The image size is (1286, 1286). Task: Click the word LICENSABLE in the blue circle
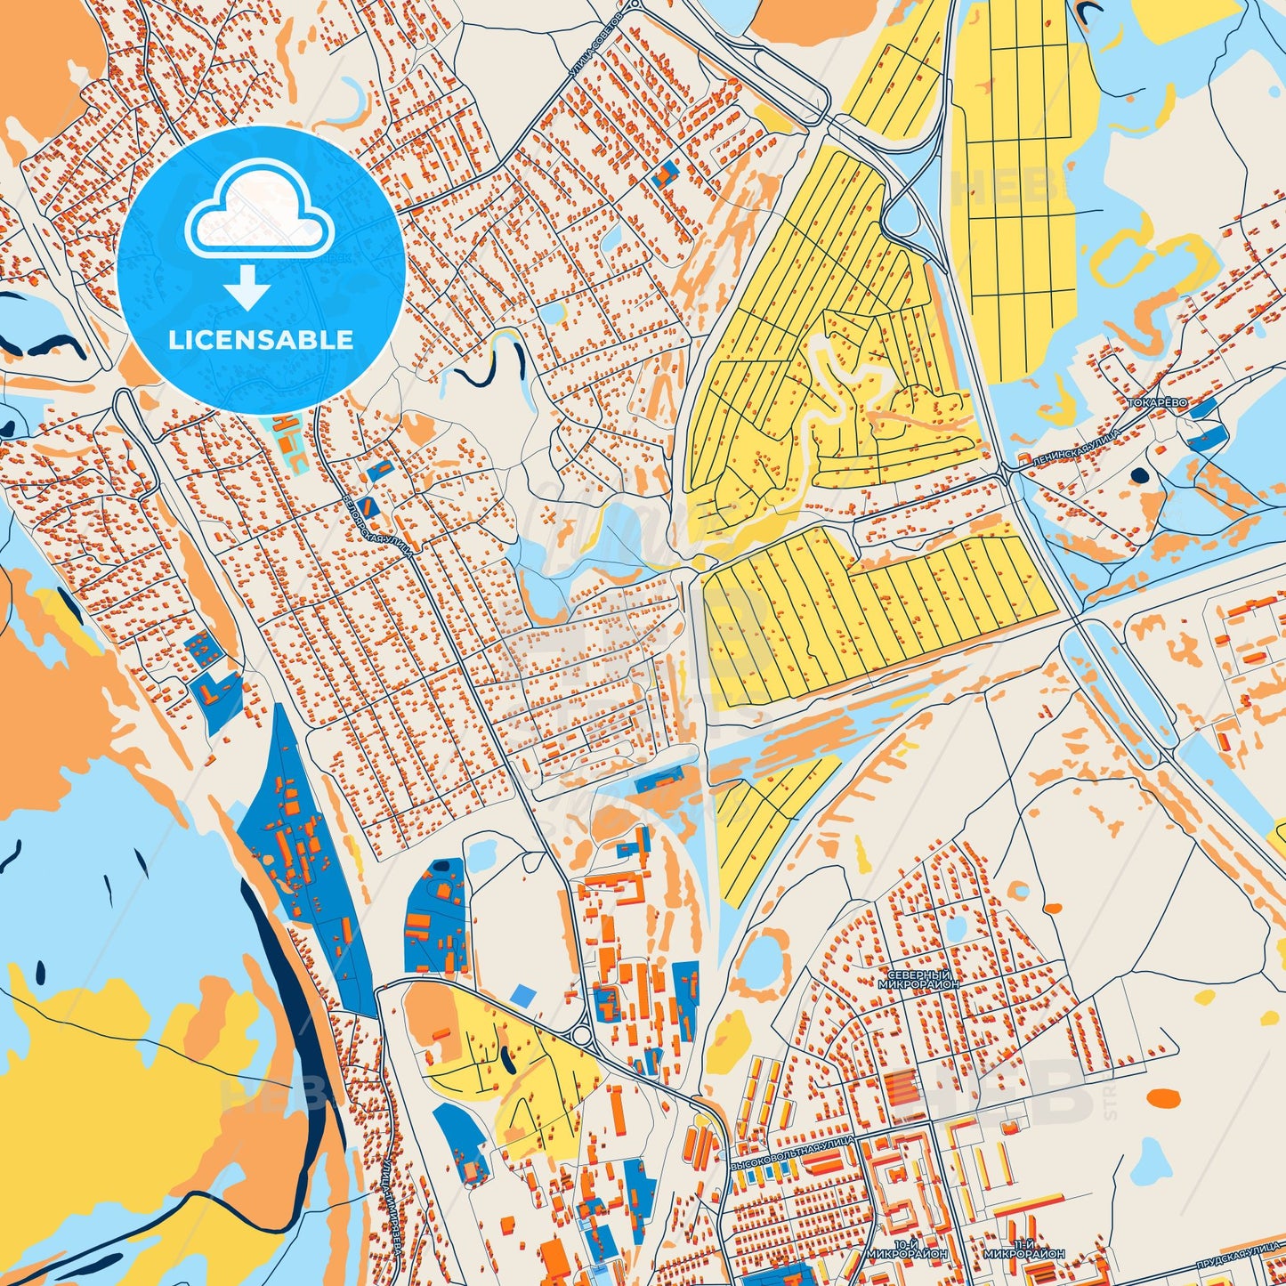[x=262, y=340]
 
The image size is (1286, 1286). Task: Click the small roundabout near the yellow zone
[x=583, y=1036]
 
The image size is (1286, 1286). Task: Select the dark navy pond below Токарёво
[x=1138, y=475]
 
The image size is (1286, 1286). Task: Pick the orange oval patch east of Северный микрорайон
[x=1162, y=1100]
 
